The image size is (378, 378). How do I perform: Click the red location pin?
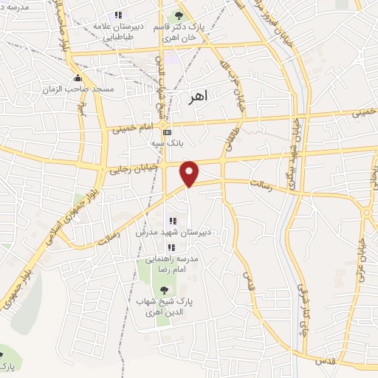pos(190,173)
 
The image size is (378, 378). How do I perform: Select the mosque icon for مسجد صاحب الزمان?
pos(78,79)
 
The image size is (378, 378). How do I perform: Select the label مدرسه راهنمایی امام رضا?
pos(168,265)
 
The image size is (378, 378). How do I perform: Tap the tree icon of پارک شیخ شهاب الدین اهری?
pos(164,290)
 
